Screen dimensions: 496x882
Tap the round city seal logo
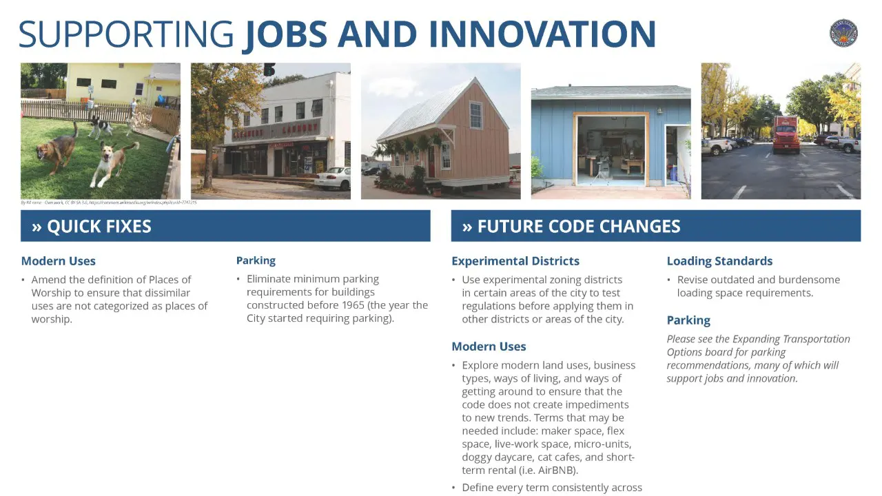point(843,33)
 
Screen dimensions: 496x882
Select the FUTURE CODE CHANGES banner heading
point(571,227)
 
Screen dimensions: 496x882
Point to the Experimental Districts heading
point(515,261)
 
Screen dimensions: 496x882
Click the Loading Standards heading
point(719,261)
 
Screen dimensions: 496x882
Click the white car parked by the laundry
point(333,178)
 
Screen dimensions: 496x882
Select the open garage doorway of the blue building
point(611,149)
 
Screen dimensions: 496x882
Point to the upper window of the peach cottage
point(475,114)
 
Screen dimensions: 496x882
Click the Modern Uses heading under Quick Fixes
point(59,261)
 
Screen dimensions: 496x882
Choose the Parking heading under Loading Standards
point(688,320)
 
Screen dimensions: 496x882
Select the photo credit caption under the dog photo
point(109,203)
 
